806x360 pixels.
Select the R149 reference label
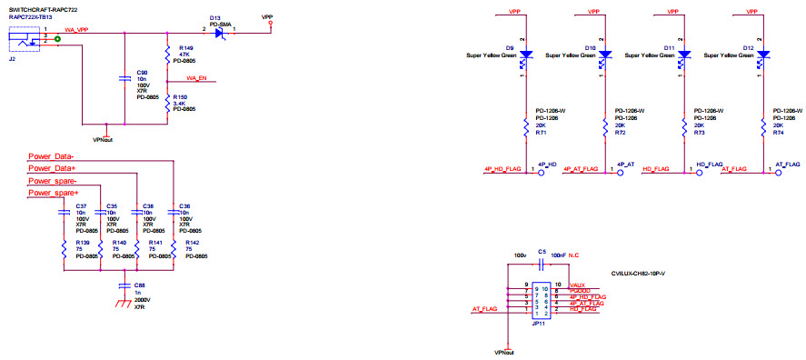pos(186,47)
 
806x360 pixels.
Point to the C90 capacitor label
pos(142,71)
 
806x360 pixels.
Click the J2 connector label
pos(11,60)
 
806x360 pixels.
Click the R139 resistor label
pos(82,244)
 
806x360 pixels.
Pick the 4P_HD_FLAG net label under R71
pos(503,169)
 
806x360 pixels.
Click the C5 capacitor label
pos(541,251)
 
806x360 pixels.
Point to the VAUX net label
pos(577,285)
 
